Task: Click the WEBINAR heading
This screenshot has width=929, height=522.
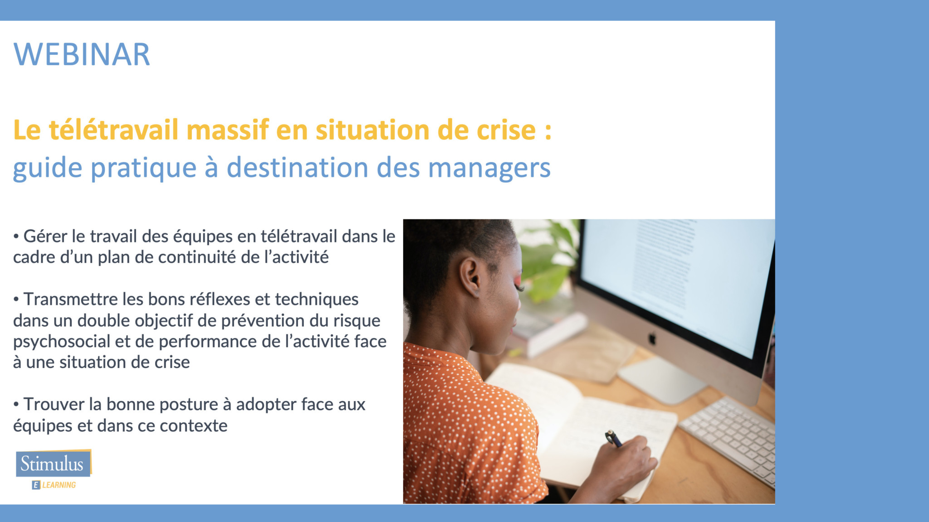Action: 82,55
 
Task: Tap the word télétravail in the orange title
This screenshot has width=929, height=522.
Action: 114,130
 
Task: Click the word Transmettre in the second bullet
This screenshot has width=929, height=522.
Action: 71,300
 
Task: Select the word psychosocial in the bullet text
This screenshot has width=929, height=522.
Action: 61,342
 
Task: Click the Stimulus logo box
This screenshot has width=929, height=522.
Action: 54,463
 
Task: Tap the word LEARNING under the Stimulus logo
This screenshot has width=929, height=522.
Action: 59,485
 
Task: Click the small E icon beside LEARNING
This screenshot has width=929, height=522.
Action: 36,485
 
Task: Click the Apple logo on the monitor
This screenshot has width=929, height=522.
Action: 652,338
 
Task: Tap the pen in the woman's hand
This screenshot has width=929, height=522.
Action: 614,439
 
